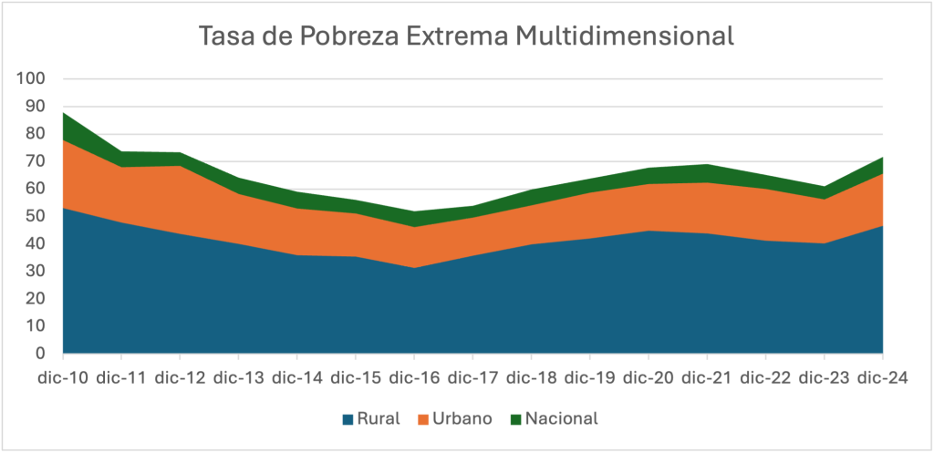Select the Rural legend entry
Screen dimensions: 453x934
pyautogui.click(x=376, y=419)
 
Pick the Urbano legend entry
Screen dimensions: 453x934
pyautogui.click(x=463, y=419)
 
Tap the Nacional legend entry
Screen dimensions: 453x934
pyautogui.click(x=562, y=419)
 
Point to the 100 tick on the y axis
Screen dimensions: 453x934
pyautogui.click(x=32, y=79)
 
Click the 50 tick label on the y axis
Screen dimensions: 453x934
pyautogui.click(x=36, y=216)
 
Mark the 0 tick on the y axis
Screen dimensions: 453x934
pyautogui.click(x=40, y=354)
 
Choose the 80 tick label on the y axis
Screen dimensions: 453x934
pyautogui.click(x=36, y=134)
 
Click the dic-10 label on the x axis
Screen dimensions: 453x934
pyautogui.click(x=63, y=376)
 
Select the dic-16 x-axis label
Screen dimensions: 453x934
pyautogui.click(x=415, y=376)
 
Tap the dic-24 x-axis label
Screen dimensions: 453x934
pyautogui.click(x=883, y=376)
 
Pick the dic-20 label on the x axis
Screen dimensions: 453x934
pyautogui.click(x=649, y=376)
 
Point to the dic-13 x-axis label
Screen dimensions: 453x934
pyautogui.click(x=239, y=376)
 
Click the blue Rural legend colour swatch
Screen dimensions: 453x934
pyautogui.click(x=348, y=419)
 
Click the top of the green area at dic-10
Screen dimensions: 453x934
pyautogui.click(x=63, y=113)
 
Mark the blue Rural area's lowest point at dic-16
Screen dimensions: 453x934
pyautogui.click(x=415, y=268)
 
